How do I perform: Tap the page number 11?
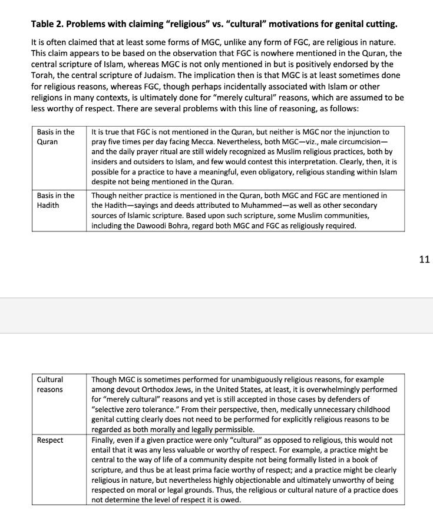tap(424, 259)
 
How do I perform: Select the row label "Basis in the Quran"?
tap(55, 137)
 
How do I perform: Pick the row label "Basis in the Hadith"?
tap(55, 200)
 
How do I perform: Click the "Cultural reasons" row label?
tap(49, 384)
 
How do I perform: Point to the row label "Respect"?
tap(50, 440)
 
